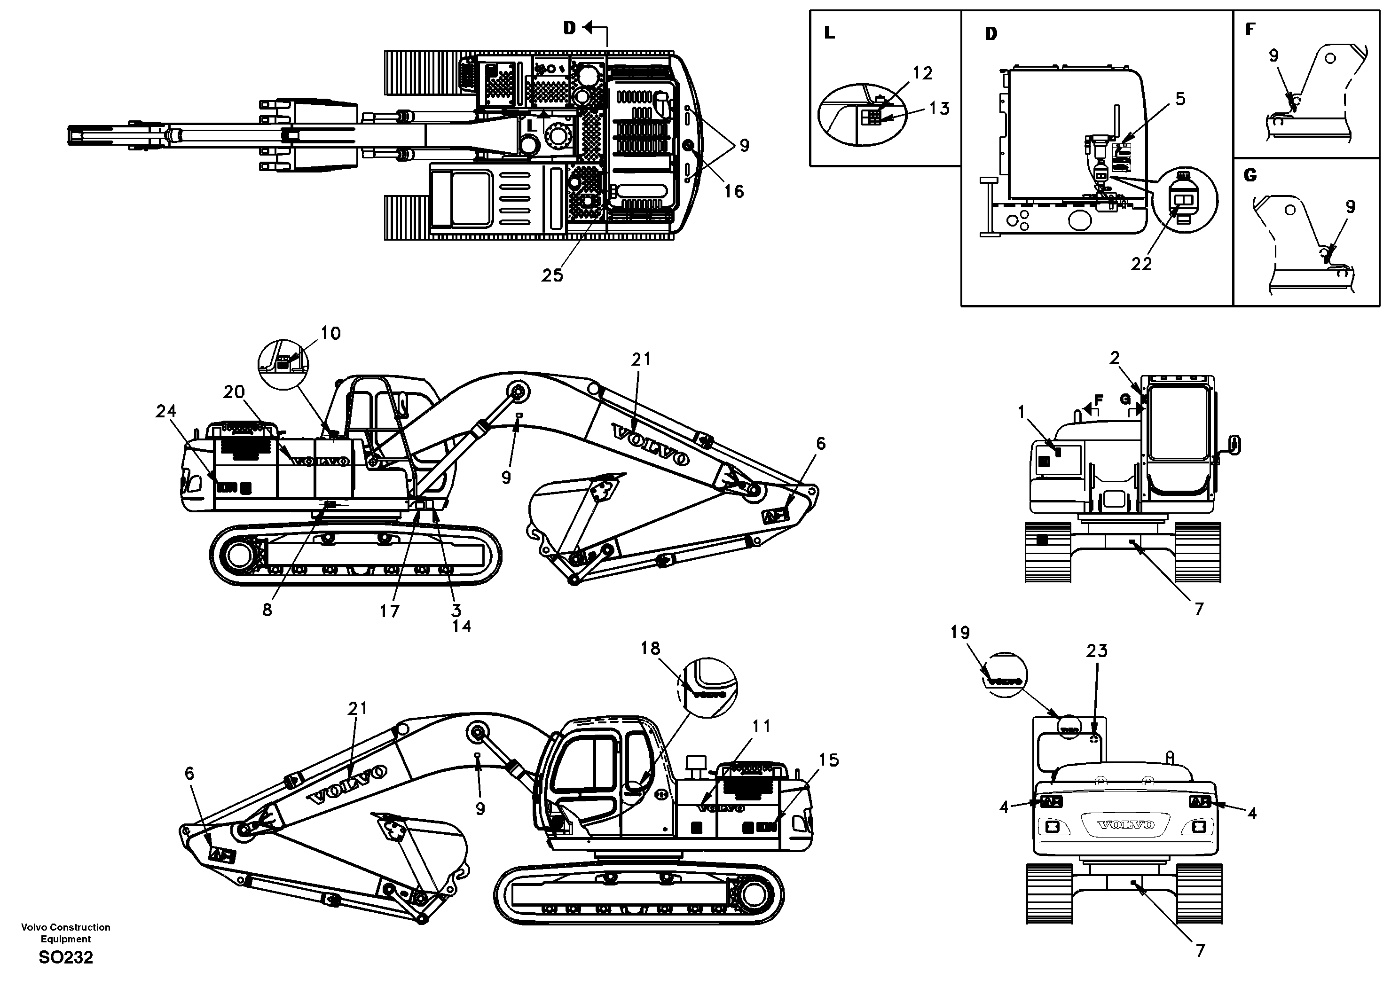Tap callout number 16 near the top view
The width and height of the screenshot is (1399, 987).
coord(734,191)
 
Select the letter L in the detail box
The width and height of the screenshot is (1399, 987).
coord(829,33)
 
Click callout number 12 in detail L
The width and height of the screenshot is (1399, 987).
coord(922,73)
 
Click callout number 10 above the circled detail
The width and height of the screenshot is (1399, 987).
coord(330,333)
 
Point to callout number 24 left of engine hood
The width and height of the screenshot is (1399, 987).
coord(166,411)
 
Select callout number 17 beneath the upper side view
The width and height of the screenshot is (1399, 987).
coord(389,611)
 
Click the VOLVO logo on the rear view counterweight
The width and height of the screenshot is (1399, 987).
coord(1125,825)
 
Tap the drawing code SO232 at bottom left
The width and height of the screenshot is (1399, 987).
coord(66,958)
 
